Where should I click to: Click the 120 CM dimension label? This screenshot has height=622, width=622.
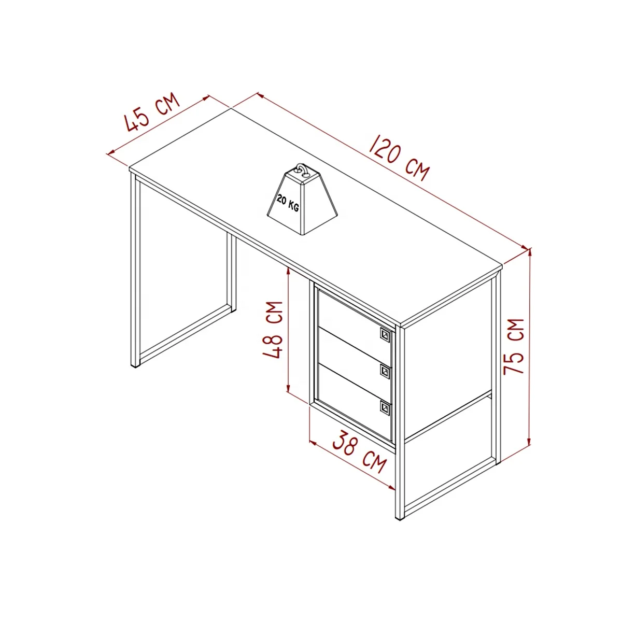coord(399,157)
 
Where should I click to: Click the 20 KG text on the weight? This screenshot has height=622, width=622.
coord(287,202)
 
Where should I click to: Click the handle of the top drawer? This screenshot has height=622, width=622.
coord(385,335)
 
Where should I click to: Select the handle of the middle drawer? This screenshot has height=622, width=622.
coord(385,371)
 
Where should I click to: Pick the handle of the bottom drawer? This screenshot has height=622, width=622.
coord(385,407)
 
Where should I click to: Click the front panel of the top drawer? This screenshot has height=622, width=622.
coord(352,322)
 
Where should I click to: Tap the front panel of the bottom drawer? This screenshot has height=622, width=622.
coord(352,399)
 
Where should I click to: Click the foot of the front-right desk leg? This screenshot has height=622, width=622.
coord(400,517)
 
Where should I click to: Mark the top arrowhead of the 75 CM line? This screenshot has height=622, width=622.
coord(530,251)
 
